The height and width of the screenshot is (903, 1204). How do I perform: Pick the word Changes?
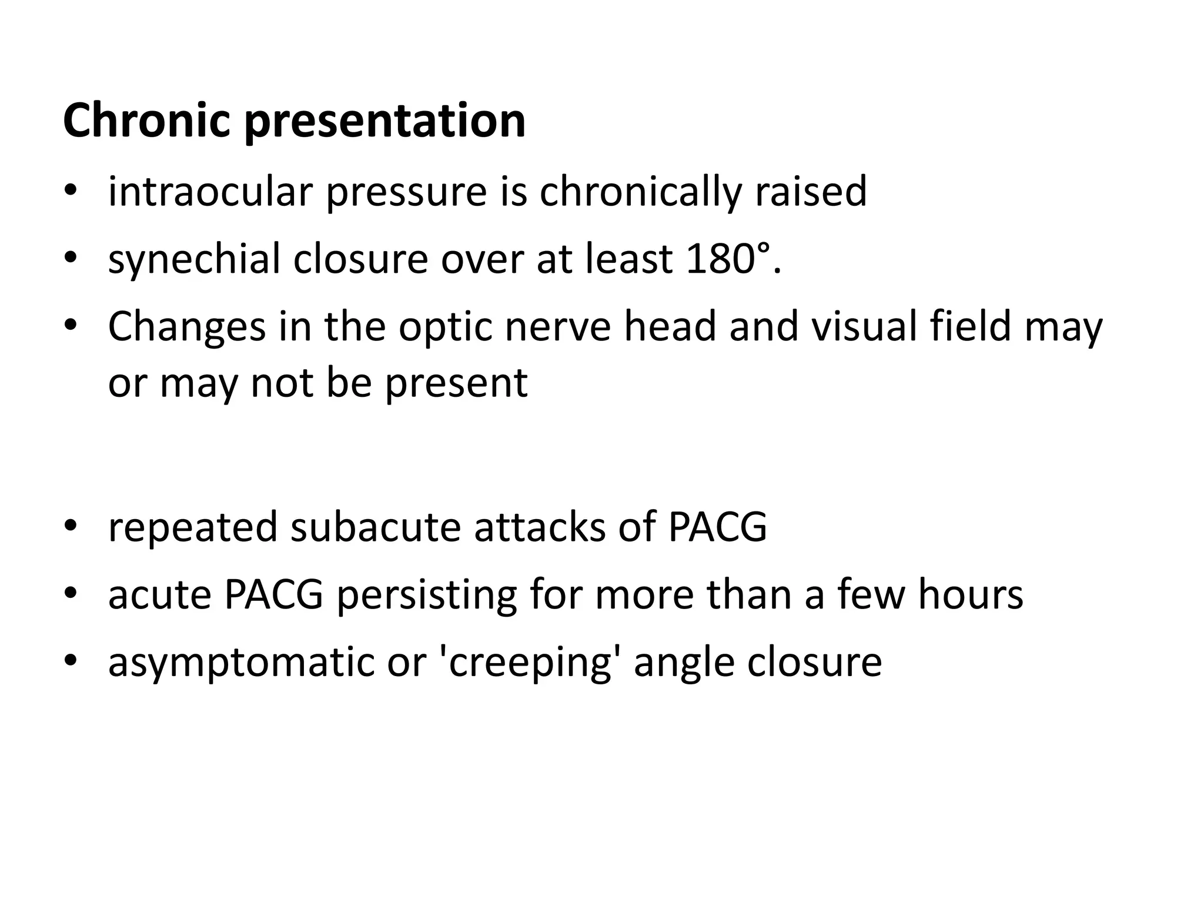tap(187, 328)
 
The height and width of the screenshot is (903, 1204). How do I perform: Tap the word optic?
tap(445, 328)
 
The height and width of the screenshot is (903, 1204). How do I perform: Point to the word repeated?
tap(193, 528)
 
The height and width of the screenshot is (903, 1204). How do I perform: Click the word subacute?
tap(376, 527)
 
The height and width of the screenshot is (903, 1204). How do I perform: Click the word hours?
tap(971, 594)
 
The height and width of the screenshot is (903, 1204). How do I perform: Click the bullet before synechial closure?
tap(71, 259)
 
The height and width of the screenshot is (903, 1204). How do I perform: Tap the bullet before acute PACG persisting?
tap(71, 594)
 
